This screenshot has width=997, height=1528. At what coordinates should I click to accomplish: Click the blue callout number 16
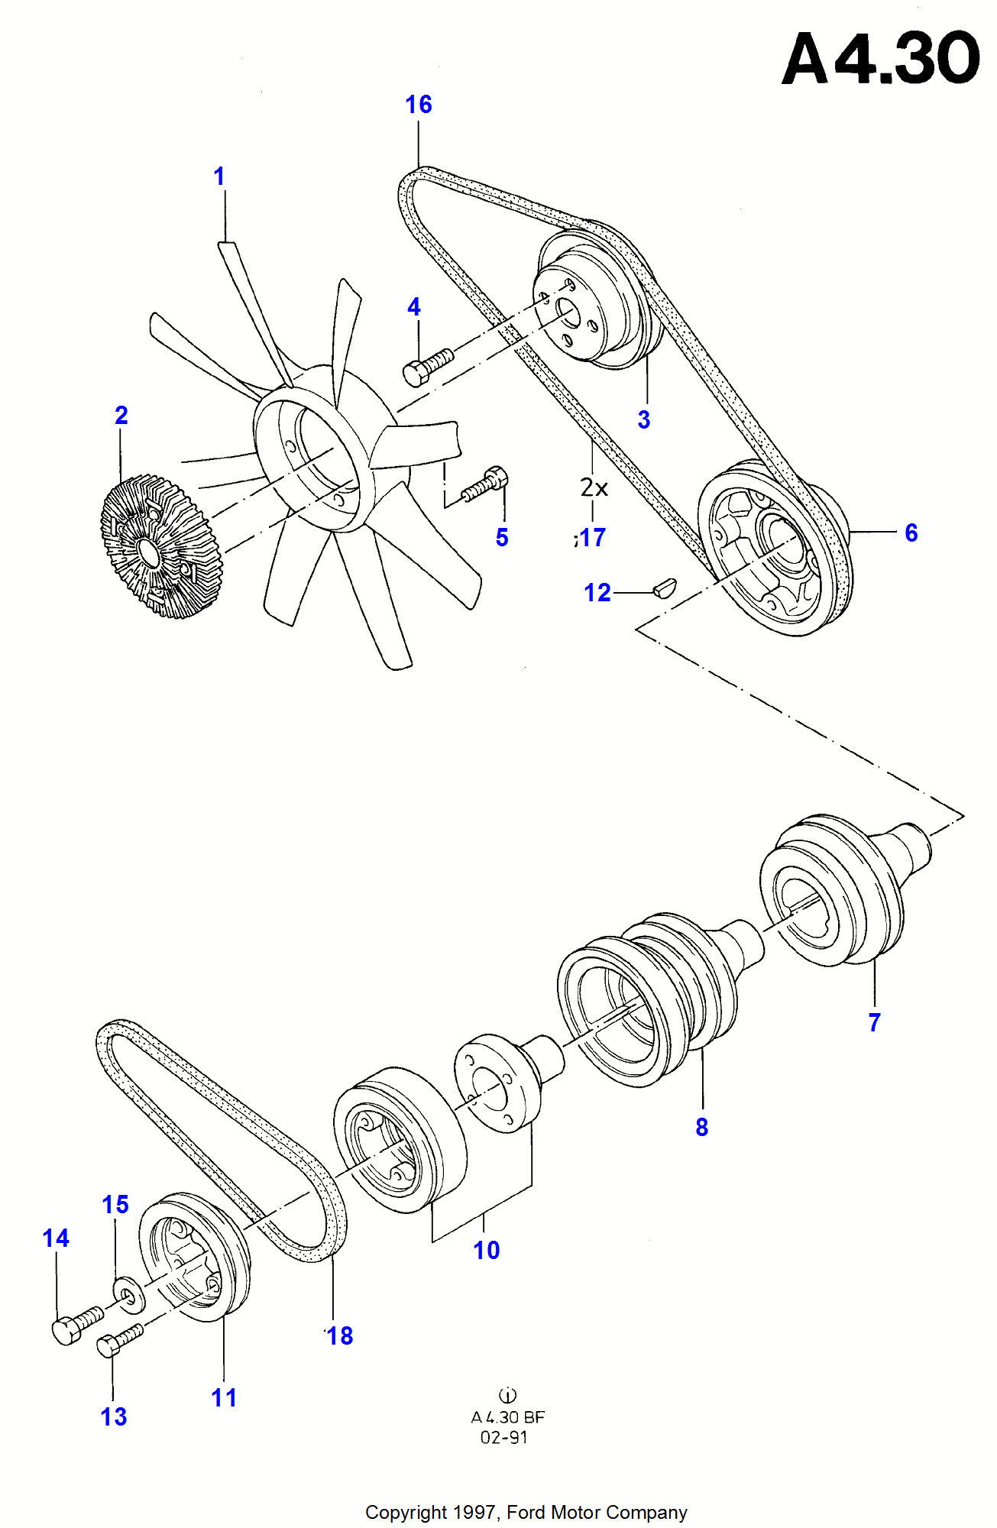click(419, 104)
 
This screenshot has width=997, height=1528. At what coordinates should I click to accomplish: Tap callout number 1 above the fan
click(219, 176)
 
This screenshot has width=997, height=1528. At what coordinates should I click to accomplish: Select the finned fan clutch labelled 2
click(160, 545)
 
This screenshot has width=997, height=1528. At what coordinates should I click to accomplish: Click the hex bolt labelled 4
click(427, 365)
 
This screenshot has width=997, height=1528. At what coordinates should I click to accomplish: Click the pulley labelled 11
click(194, 1257)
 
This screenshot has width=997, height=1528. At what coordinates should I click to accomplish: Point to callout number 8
click(702, 1126)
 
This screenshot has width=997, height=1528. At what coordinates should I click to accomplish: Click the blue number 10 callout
click(487, 1250)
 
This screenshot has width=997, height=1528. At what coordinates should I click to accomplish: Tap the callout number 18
click(340, 1335)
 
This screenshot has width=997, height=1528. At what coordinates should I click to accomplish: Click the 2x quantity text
click(594, 487)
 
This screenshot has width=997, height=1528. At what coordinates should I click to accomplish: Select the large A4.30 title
click(881, 58)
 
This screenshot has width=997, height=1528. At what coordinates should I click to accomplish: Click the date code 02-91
click(503, 1437)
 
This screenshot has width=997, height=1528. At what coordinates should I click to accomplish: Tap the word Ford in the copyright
click(526, 1512)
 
